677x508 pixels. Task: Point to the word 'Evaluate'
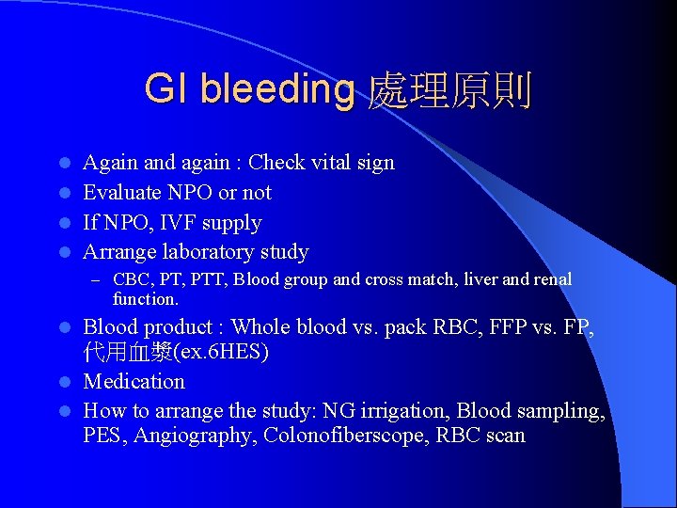click(120, 193)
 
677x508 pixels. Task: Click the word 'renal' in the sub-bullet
click(549, 279)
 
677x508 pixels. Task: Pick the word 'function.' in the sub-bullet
click(145, 299)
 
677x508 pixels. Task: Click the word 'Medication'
click(134, 382)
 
